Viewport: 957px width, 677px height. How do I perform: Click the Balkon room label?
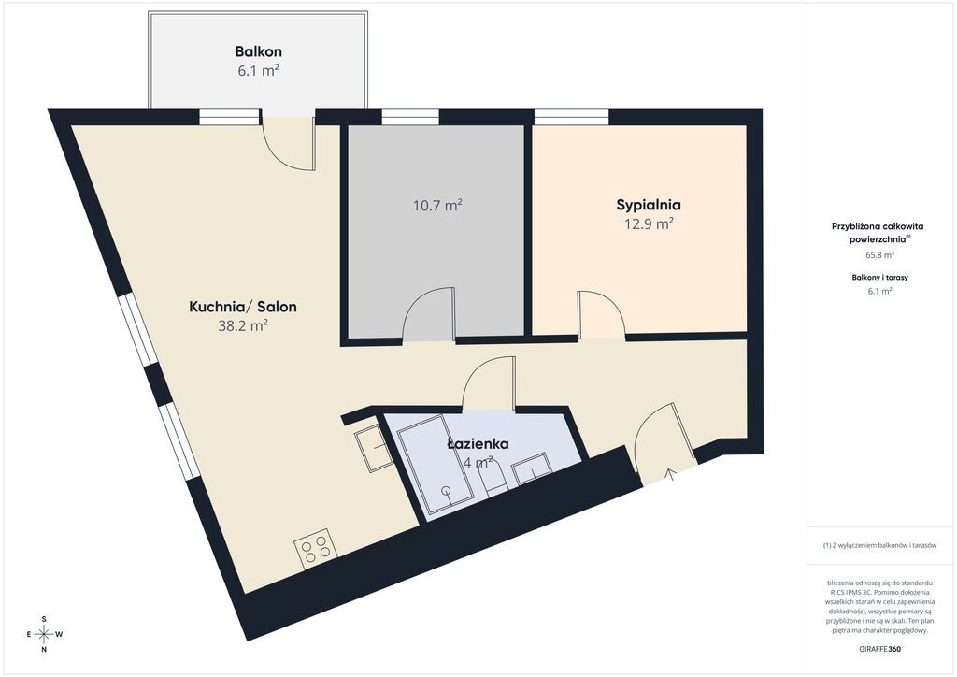point(259,51)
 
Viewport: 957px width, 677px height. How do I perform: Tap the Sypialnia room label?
point(649,205)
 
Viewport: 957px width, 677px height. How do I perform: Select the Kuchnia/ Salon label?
point(243,307)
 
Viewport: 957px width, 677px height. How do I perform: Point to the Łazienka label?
point(478,444)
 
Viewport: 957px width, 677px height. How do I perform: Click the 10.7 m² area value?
point(437,205)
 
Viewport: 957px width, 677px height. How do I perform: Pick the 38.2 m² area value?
point(243,325)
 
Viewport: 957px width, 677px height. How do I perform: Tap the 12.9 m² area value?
point(649,223)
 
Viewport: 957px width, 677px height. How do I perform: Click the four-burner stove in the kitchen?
point(316,549)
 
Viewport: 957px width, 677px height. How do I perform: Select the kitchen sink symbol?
point(374,448)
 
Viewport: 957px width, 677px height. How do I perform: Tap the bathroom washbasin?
point(532,468)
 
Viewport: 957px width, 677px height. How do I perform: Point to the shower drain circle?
point(446,491)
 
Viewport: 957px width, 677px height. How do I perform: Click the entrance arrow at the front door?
point(671,474)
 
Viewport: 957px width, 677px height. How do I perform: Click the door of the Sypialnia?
point(602,314)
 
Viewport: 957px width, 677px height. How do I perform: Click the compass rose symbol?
point(44,634)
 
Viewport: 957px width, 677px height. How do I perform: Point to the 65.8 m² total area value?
point(879,255)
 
